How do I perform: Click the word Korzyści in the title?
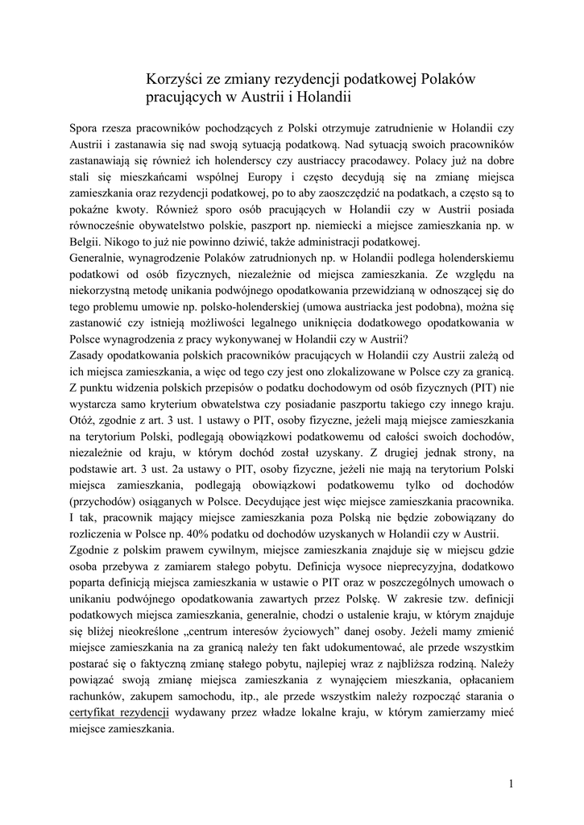pyautogui.click(x=175, y=80)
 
